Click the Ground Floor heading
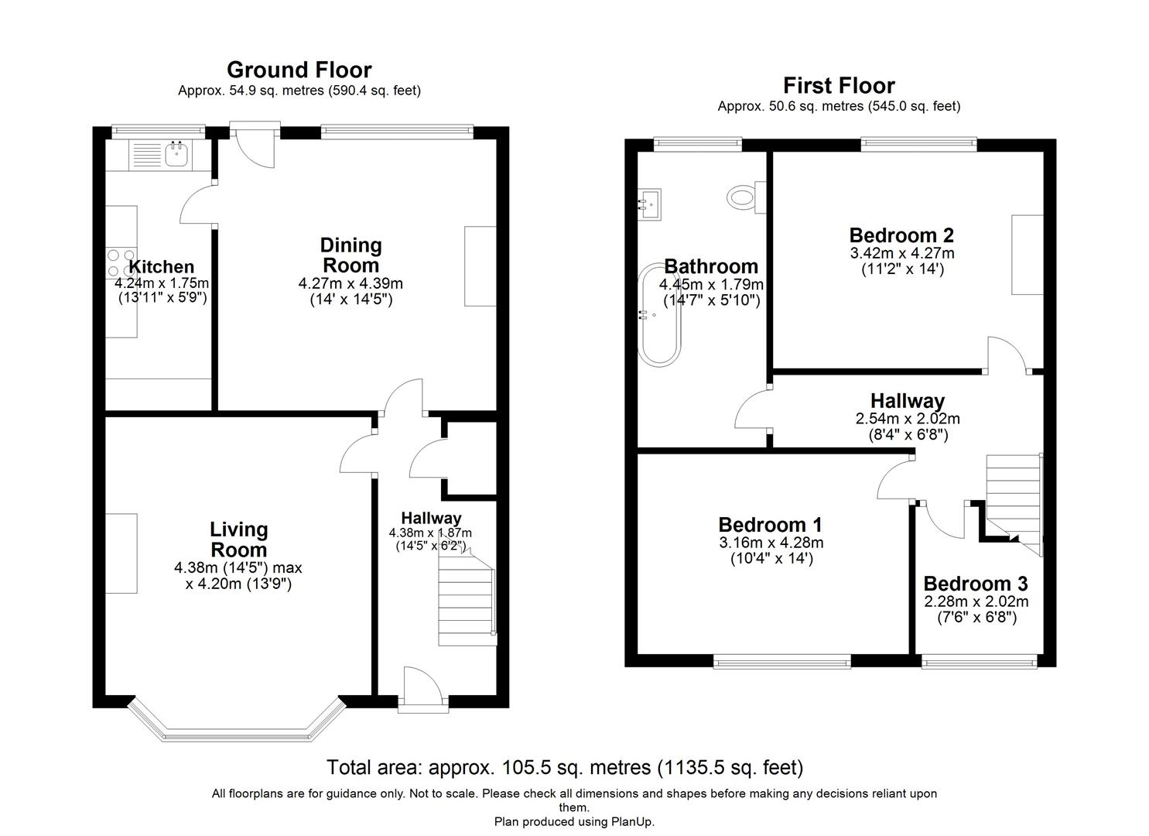(x=299, y=70)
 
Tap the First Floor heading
(x=839, y=86)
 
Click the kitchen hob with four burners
(x=121, y=263)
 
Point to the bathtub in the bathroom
(x=658, y=314)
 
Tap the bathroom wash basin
(x=649, y=204)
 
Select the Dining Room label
(x=351, y=255)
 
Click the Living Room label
(x=239, y=540)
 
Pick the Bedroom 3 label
(x=976, y=584)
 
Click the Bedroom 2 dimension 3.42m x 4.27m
(x=901, y=253)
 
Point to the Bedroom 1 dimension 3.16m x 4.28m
(x=771, y=543)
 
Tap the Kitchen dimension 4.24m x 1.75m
(x=162, y=283)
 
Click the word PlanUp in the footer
(x=632, y=821)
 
